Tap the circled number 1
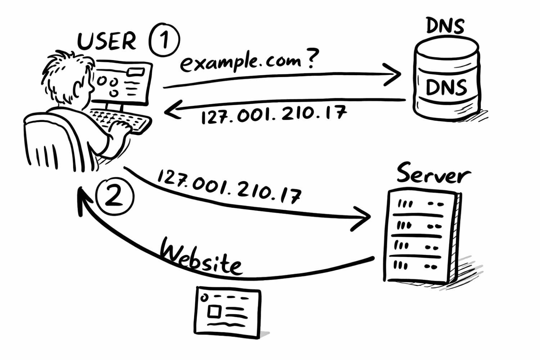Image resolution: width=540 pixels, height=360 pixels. coord(165,40)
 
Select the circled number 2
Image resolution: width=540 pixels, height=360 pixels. coord(115,197)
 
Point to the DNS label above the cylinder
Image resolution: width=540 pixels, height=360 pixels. coord(445,26)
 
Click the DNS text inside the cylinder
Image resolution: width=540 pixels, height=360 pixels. coord(446,87)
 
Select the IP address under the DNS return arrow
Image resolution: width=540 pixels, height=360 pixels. coord(274,114)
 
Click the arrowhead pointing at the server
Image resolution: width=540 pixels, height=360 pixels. coord(364,218)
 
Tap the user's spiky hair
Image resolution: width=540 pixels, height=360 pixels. coord(63,70)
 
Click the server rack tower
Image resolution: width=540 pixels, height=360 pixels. coord(419,236)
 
